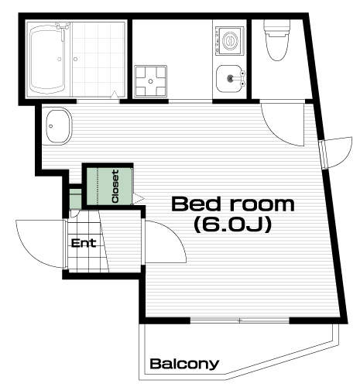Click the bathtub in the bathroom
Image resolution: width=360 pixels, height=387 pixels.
click(47, 59)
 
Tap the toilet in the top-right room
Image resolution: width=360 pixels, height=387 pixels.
click(277, 40)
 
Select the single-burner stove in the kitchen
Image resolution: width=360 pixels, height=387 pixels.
click(230, 41)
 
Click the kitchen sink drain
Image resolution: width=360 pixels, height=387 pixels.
click(230, 78)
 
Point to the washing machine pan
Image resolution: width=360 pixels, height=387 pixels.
click(151, 81)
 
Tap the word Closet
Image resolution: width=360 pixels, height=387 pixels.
click(115, 186)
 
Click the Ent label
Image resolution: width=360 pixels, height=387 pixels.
click(84, 243)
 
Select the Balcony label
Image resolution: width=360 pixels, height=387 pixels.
click(184, 364)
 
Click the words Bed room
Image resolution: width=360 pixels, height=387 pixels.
click(233, 204)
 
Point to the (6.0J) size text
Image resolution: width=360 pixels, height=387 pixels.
click(233, 224)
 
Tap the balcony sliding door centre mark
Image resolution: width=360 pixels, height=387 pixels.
click(240, 320)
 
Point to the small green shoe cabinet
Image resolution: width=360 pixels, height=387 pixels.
click(76, 199)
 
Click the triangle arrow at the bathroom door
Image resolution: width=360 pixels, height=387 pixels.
click(115, 95)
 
